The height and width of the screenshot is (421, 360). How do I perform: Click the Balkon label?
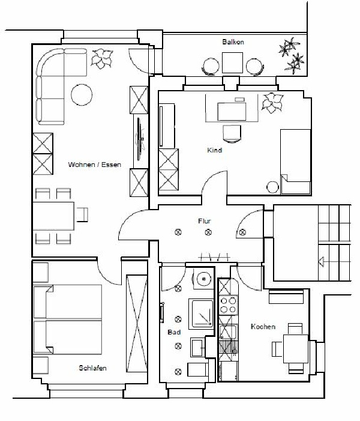point(233,42)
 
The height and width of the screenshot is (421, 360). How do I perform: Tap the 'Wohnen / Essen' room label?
point(94,165)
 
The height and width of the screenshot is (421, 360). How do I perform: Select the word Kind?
point(215,150)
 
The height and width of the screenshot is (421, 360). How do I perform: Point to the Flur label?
point(205,221)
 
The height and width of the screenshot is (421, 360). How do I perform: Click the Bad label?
point(174,332)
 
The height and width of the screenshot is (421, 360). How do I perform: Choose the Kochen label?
point(263,327)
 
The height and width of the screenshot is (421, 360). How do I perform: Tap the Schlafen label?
point(92,368)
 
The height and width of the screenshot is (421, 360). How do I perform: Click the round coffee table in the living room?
point(82,95)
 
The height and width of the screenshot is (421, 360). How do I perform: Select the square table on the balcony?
point(232,63)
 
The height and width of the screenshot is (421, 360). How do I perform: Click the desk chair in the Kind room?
point(232,133)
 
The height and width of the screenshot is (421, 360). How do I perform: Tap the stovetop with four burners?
point(229,305)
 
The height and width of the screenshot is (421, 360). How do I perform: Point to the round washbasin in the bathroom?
point(204,279)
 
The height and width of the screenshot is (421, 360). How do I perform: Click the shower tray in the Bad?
point(202,314)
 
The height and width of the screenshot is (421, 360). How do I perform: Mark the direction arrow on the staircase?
point(321,261)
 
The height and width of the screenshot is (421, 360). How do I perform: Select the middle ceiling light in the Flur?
point(208,232)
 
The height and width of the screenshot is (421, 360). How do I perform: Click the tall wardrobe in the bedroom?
point(137,324)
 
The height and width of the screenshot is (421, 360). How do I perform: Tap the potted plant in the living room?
point(101,58)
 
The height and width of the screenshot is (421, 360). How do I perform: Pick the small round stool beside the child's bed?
point(273,187)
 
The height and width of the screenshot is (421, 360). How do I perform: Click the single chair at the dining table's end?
point(82,215)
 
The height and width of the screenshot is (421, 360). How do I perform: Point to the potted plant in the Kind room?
point(272,103)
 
